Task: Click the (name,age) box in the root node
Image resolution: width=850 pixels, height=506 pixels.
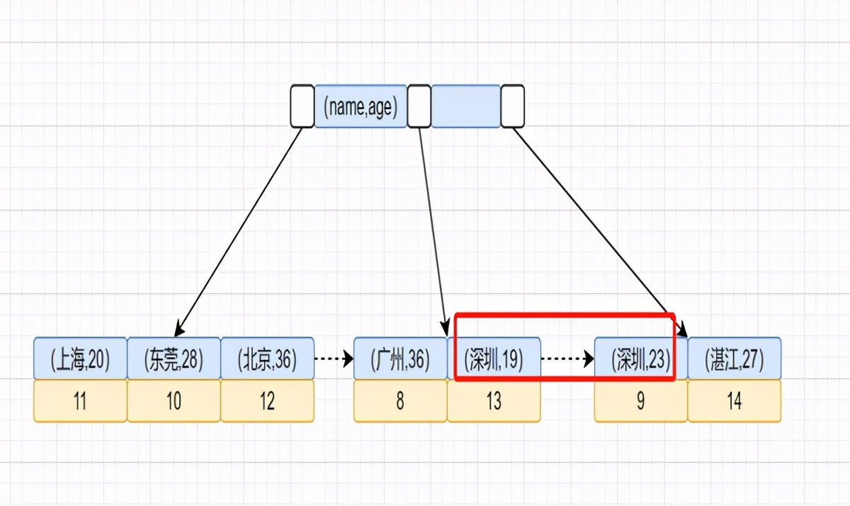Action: click(x=361, y=106)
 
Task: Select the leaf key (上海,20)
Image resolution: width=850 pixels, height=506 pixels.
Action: click(x=80, y=359)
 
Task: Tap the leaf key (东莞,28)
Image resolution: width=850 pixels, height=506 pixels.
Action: click(x=174, y=359)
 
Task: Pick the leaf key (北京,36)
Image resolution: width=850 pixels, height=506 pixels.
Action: click(x=267, y=359)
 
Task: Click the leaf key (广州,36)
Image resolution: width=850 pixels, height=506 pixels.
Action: click(x=400, y=359)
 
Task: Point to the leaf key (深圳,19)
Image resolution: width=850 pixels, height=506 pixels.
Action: click(x=494, y=359)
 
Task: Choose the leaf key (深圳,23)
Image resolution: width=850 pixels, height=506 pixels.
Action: click(x=640, y=359)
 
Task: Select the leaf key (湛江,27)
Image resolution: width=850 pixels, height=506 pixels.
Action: click(x=735, y=359)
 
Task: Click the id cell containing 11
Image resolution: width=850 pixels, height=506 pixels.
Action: click(x=80, y=401)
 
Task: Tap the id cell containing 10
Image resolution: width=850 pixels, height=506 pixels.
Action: click(x=174, y=401)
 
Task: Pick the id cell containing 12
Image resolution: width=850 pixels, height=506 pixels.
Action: click(x=267, y=401)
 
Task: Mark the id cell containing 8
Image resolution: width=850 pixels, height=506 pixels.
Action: click(x=400, y=401)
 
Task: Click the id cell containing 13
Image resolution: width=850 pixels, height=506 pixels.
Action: click(x=494, y=401)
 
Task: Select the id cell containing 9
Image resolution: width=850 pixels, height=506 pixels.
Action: click(x=640, y=401)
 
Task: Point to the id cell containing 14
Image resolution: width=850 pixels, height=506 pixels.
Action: click(x=735, y=401)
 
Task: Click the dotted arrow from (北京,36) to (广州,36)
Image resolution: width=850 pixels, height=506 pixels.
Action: click(x=334, y=359)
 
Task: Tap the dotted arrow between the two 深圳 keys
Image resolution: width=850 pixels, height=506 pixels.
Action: click(x=567, y=359)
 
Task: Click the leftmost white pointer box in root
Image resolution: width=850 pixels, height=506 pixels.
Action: click(x=302, y=106)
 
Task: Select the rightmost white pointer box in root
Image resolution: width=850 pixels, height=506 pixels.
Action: click(x=512, y=106)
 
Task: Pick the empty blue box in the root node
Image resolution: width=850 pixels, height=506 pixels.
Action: click(x=466, y=106)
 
